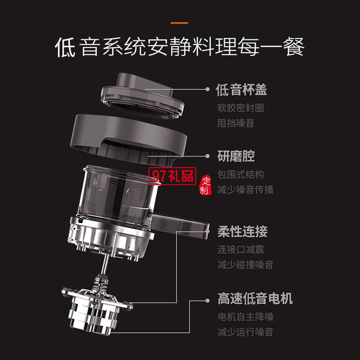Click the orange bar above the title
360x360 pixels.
pos(180,23)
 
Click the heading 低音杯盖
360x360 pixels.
pos(241,90)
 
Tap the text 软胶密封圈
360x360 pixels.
pos(240,108)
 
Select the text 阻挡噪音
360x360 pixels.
pos(236,123)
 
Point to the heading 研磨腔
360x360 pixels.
pos(236,156)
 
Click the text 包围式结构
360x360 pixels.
pos(240,175)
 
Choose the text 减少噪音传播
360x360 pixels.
pos(245,190)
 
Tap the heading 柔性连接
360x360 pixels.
pos(242,231)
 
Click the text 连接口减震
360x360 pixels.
pos(240,250)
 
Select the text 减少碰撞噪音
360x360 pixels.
pos(245,264)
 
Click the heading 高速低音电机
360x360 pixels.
pos(255,299)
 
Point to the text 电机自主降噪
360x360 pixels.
pos(245,317)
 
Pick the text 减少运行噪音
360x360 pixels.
pos(245,332)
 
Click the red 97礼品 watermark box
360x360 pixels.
pos(172,176)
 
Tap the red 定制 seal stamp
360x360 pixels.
pos(205,185)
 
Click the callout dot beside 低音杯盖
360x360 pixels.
pos(207,89)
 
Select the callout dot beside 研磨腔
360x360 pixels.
pos(207,156)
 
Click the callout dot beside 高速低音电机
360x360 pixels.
pos(207,300)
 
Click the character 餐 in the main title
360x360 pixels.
pos(294,47)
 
